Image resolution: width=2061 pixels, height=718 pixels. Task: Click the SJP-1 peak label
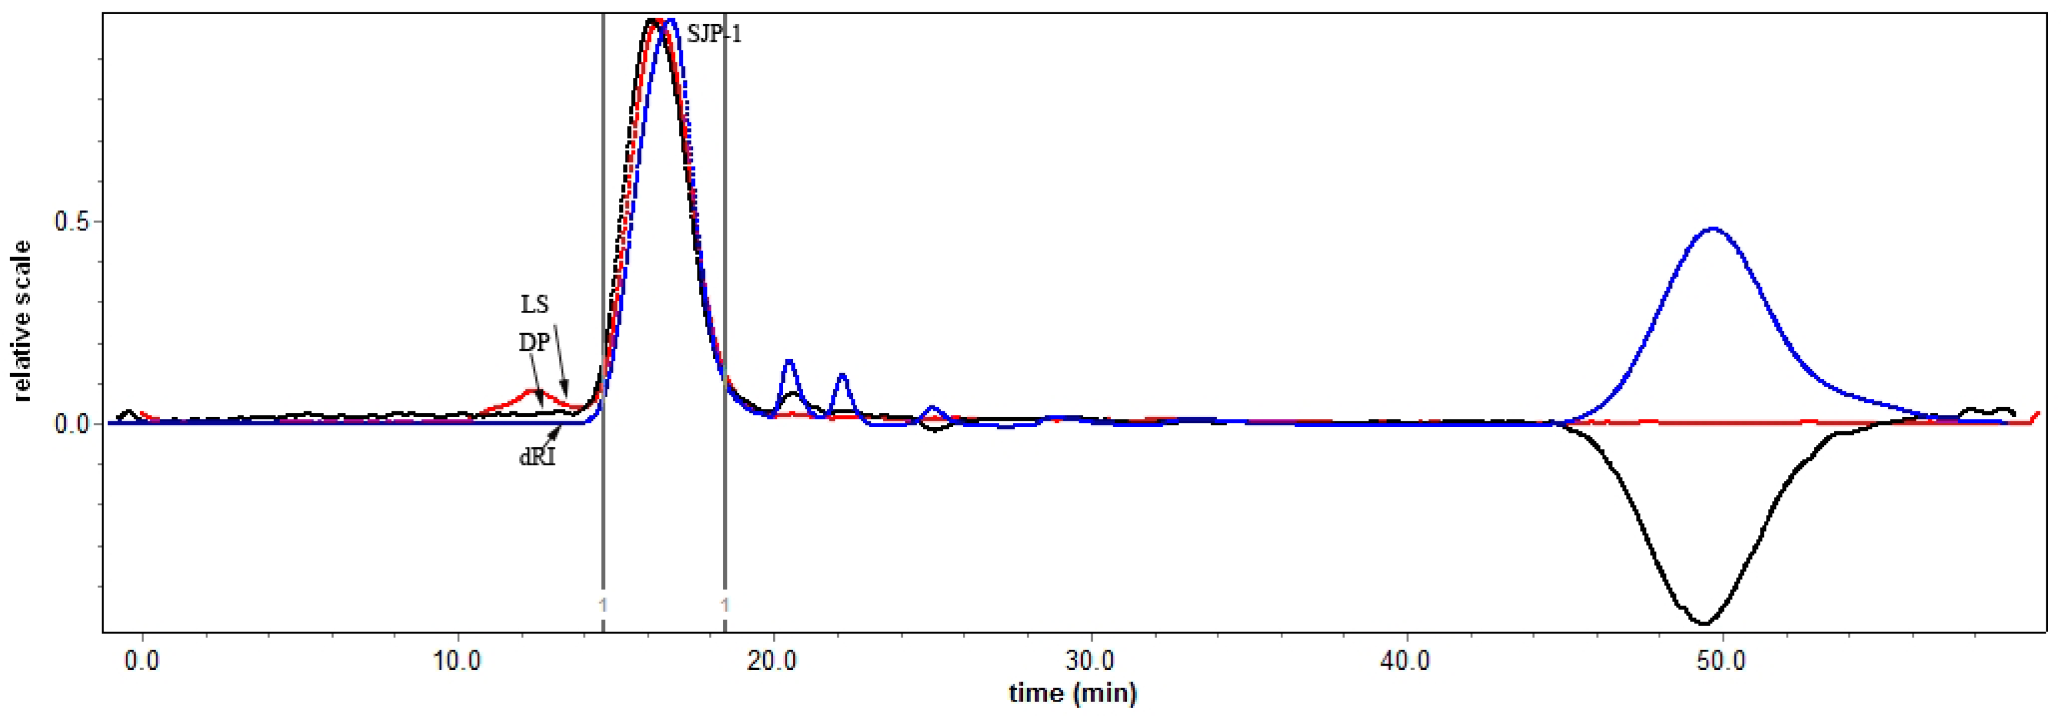714,35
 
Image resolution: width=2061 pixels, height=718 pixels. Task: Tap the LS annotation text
535,304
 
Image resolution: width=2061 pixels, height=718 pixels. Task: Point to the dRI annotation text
537,458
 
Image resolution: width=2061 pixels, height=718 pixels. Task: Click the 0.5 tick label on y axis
73,221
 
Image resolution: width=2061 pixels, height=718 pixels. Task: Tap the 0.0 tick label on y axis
73,424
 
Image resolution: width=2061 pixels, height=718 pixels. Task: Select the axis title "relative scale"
22,320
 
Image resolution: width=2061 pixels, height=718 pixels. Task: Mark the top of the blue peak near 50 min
1712,229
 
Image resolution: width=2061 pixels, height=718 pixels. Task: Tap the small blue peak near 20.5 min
789,361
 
